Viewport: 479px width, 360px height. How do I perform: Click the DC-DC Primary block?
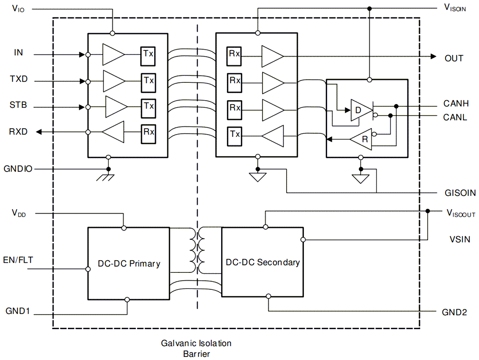coord(128,263)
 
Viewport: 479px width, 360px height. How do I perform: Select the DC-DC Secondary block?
coord(263,262)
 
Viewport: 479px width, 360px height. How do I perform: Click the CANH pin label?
coord(456,104)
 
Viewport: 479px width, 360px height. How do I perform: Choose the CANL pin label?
coord(455,117)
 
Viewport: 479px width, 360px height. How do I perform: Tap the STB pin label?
coord(18,105)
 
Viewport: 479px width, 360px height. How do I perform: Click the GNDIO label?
coord(18,168)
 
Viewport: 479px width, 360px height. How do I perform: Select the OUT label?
coord(454,58)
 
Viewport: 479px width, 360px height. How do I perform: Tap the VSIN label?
coord(459,239)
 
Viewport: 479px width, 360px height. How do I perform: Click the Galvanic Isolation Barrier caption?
coord(196,348)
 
